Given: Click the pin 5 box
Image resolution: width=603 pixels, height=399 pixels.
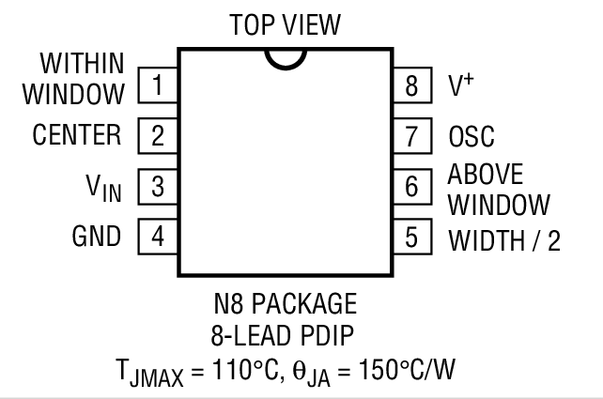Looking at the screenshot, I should point(411,235).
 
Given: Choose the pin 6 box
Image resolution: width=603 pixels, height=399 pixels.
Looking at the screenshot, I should point(411,185).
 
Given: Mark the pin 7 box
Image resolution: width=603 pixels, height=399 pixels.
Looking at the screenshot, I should point(411,135).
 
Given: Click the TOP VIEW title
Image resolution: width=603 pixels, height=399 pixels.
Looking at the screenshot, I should point(285,23).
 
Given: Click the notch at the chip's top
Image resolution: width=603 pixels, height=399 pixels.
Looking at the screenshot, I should point(285,58).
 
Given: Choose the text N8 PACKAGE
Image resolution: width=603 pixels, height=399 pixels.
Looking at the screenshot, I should point(286,304).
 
